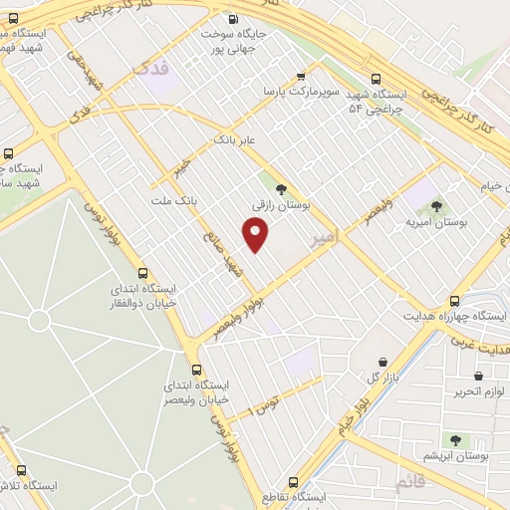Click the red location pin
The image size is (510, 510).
[x=256, y=233]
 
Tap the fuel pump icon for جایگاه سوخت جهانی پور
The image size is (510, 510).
[x=234, y=18]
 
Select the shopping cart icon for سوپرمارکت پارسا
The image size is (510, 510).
[x=301, y=76]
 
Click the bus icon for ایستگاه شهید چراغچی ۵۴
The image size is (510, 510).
[x=376, y=79]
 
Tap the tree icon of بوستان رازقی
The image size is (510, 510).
[x=282, y=188]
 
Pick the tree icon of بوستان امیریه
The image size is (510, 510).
[x=436, y=207]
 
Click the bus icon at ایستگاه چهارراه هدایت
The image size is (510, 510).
[x=455, y=300]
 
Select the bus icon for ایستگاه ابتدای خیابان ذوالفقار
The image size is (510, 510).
[x=142, y=272]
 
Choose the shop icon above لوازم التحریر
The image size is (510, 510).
[x=482, y=375]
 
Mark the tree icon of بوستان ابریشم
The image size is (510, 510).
[x=455, y=439]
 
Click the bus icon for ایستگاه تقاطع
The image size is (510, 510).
[x=293, y=480]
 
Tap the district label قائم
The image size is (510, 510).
[x=409, y=483]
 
